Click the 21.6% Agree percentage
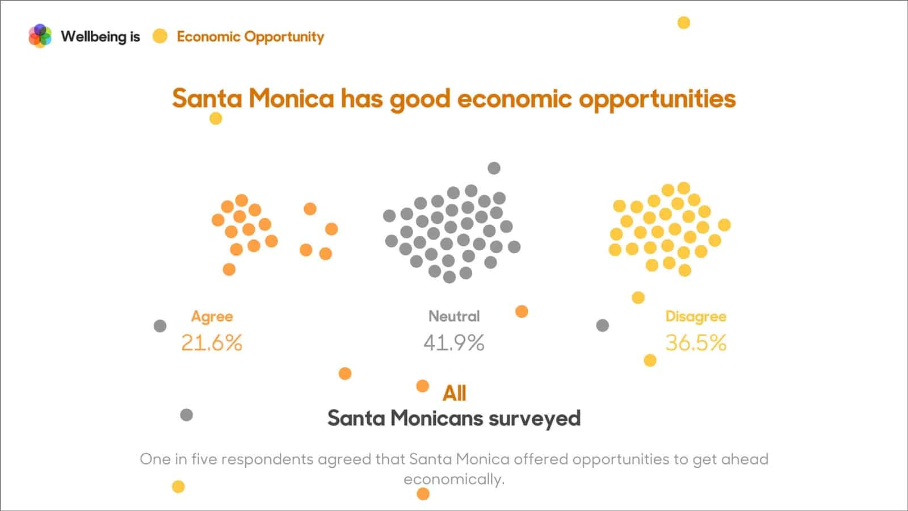[212, 343]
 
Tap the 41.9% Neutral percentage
[454, 343]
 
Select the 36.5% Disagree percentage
[696, 343]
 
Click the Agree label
[212, 316]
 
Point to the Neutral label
[454, 316]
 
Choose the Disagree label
[696, 316]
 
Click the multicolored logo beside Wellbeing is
[40, 36]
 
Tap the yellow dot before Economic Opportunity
[160, 36]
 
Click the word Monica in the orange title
[291, 98]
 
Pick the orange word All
[454, 393]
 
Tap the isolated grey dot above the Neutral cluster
[494, 168]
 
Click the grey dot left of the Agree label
[160, 326]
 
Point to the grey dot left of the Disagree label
[603, 325]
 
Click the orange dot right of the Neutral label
[522, 311]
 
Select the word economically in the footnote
[453, 479]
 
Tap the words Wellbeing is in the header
[100, 36]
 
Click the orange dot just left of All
[422, 386]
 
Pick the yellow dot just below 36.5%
[650, 360]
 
